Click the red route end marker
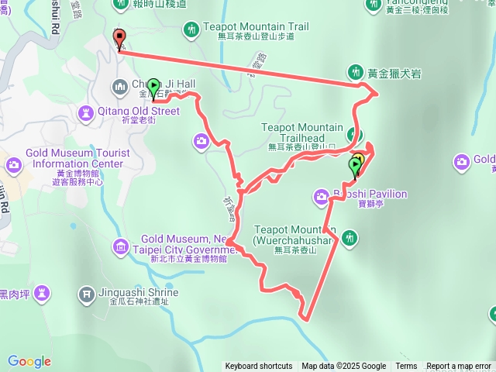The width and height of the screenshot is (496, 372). click(x=119, y=38)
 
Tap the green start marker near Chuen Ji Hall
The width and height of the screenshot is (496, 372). click(x=153, y=87)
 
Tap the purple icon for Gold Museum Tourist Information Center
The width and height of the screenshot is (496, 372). click(x=13, y=164)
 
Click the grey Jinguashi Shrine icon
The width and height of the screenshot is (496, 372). click(x=86, y=294)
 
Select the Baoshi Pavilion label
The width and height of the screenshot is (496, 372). click(x=370, y=194)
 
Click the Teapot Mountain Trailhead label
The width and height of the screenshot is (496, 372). click(x=302, y=133)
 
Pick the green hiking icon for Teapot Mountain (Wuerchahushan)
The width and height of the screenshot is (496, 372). click(x=350, y=236)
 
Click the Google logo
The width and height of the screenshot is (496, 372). click(x=29, y=361)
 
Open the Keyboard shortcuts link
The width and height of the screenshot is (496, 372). click(x=259, y=367)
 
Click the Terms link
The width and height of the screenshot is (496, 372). click(x=406, y=367)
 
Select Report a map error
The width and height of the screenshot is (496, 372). click(x=459, y=367)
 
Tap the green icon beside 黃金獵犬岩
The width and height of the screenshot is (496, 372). click(x=356, y=72)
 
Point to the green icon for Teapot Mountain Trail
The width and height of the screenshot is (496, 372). click(x=191, y=30)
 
